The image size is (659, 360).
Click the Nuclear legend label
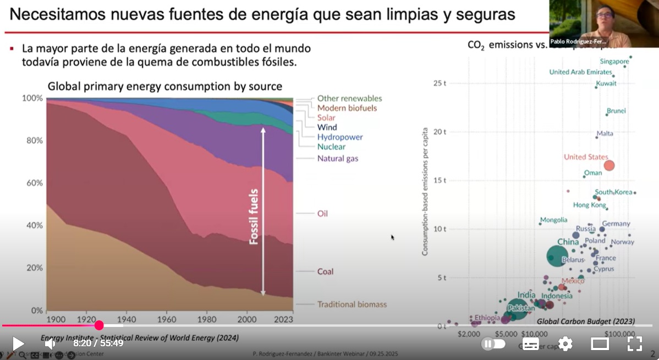[x=331, y=147]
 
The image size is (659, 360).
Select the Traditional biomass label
[x=352, y=304]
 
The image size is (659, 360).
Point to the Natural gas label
[x=337, y=159]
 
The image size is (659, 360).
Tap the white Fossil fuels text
[x=254, y=217]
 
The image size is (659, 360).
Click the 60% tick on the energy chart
[x=32, y=183]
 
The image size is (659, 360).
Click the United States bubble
[x=609, y=165]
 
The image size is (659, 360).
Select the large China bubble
[x=557, y=256]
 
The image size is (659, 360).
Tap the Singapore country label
[x=614, y=61]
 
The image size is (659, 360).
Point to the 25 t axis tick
[x=440, y=83]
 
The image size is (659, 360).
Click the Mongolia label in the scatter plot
[x=553, y=220]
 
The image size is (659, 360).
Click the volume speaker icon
[x=50, y=343]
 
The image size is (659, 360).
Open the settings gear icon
[x=565, y=344]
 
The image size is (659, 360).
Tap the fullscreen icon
[x=635, y=344]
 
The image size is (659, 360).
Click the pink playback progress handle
[x=99, y=325]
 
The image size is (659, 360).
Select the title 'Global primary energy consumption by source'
[x=164, y=86]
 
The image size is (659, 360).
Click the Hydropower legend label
[x=340, y=137]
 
